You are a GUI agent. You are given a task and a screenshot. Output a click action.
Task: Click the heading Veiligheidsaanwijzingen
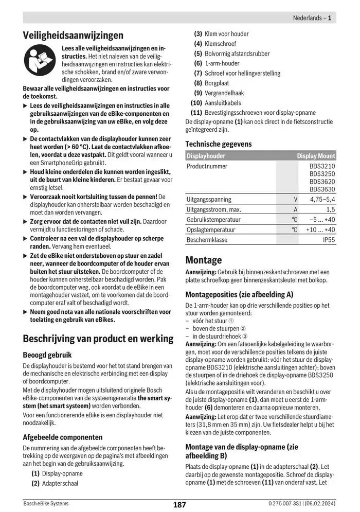(73, 36)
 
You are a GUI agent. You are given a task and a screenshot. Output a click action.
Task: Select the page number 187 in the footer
(179, 505)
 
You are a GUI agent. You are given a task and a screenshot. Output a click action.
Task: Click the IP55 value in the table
(329, 240)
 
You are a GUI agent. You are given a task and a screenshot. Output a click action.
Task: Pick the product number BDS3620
(322, 182)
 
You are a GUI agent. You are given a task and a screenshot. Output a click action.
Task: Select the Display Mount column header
(315, 156)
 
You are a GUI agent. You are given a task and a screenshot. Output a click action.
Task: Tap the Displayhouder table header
(206, 156)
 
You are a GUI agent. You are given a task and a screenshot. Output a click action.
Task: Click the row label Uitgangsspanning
(209, 200)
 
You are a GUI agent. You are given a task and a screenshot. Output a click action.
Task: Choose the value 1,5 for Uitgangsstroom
(330, 209)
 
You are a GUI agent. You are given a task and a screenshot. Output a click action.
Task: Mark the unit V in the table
(295, 200)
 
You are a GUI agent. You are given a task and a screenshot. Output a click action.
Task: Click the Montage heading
(204, 260)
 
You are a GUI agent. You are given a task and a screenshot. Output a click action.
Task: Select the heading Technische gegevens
(219, 144)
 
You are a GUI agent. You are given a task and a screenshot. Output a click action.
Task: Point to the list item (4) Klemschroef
(215, 44)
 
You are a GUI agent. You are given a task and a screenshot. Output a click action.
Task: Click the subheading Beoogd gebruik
(47, 355)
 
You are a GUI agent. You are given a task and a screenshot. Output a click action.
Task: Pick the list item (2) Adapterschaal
(55, 483)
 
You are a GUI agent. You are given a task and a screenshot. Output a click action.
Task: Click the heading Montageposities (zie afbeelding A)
(239, 294)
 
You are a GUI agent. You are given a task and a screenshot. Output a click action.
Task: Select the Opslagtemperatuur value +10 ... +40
(320, 230)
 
